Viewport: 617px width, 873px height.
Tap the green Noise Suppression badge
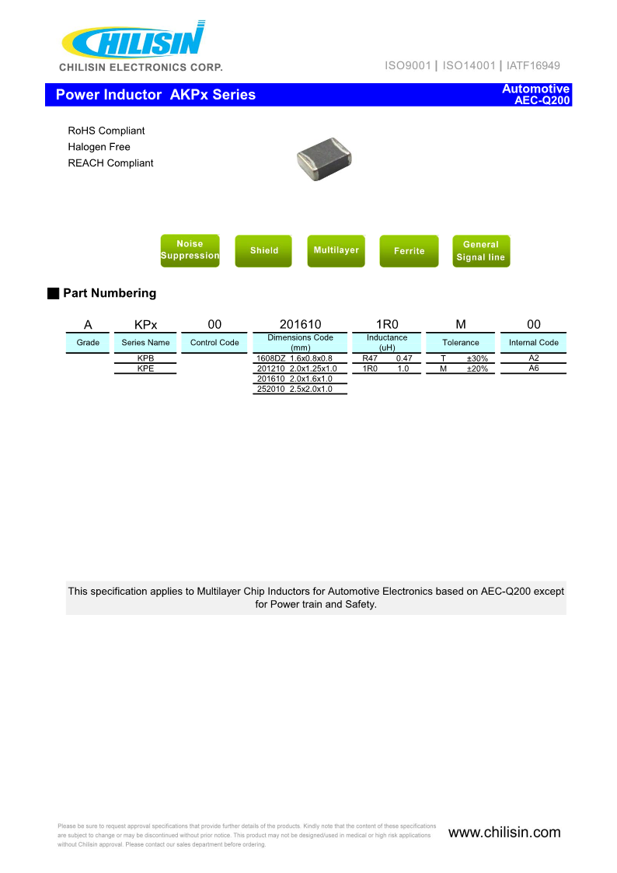[190, 250]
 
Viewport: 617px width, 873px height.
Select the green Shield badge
[263, 250]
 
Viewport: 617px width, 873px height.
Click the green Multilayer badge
[336, 250]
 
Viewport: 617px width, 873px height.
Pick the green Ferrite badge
[409, 250]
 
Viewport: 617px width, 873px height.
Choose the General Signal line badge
[481, 250]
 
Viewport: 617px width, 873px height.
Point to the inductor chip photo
[324, 159]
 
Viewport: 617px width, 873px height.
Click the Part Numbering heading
[109, 293]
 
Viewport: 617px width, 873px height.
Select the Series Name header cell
[145, 342]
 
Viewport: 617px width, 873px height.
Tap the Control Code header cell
[214, 342]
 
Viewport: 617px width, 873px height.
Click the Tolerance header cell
[461, 342]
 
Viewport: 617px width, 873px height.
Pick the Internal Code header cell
[534, 342]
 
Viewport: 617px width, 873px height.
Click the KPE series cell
[145, 368]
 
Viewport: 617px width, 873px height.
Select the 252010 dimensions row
[300, 389]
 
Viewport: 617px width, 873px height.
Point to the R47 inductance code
[370, 358]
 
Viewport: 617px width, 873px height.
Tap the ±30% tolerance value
[477, 358]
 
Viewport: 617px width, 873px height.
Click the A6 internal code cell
[534, 368]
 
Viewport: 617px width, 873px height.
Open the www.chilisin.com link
[504, 833]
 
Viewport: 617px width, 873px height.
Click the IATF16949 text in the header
[533, 66]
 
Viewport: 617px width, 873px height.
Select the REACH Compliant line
[110, 163]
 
